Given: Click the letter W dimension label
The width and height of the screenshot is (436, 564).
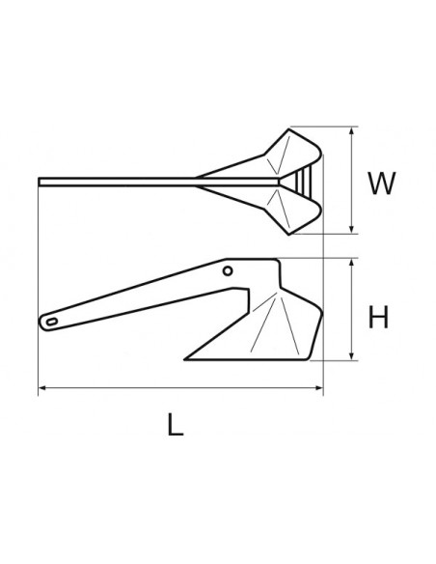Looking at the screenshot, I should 382,183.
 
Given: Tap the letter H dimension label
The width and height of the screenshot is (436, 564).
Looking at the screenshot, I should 379,316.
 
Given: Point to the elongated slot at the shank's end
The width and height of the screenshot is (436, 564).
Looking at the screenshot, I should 50,319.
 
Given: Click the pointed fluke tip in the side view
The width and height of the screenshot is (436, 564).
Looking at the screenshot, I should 189,354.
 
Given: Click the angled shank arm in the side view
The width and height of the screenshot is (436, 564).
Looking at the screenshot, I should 145,295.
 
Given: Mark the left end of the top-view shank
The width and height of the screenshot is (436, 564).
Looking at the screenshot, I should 41,181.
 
